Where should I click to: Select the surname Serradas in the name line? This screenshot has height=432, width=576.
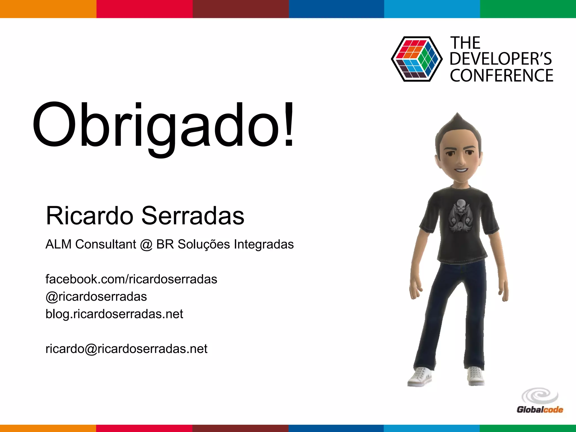click(193, 216)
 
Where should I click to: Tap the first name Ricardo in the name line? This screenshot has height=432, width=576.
click(89, 216)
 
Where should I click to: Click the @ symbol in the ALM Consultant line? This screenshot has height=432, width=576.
click(146, 244)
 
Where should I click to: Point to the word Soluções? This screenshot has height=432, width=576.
click(204, 244)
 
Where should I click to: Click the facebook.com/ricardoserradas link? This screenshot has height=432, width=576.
click(131, 279)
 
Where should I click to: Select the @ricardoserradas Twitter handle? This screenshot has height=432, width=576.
click(96, 297)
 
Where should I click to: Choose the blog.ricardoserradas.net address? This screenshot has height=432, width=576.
click(114, 314)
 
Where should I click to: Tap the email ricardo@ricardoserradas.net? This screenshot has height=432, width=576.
click(126, 349)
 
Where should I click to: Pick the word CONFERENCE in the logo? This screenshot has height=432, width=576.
click(501, 76)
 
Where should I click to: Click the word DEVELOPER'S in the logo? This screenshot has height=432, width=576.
click(501, 59)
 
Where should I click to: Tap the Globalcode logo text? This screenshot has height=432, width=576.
click(540, 409)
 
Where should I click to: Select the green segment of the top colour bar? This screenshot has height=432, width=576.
click(528, 9)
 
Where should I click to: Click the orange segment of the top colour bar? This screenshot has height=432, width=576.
click(48, 9)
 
